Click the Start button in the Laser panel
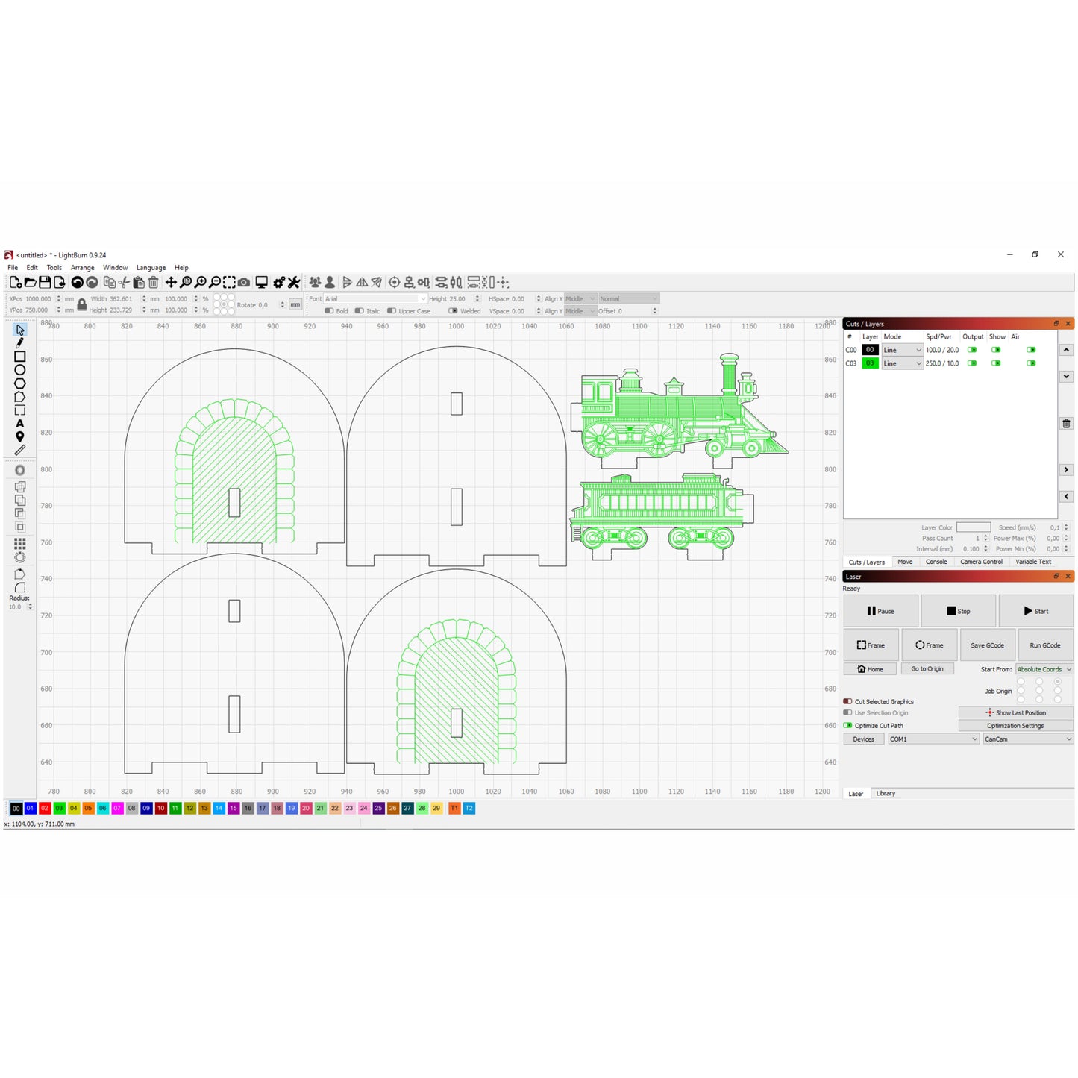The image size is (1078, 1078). [1035, 611]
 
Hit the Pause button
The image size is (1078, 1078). [880, 611]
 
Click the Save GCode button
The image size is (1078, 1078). [986, 645]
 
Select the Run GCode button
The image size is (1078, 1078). [1044, 645]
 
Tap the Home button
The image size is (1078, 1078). [870, 669]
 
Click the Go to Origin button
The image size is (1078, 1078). [927, 669]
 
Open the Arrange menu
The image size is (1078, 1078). [82, 268]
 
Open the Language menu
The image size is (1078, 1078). [151, 268]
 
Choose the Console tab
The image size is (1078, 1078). [936, 562]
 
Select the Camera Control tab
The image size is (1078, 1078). [981, 562]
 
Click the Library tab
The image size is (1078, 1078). [886, 794]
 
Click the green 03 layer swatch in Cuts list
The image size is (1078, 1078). [870, 363]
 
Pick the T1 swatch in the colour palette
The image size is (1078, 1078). [454, 809]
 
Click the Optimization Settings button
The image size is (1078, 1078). [1015, 726]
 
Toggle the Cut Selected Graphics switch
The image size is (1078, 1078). [848, 702]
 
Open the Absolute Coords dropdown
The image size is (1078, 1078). [1044, 669]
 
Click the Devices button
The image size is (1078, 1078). [863, 739]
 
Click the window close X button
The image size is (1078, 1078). [1060, 254]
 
